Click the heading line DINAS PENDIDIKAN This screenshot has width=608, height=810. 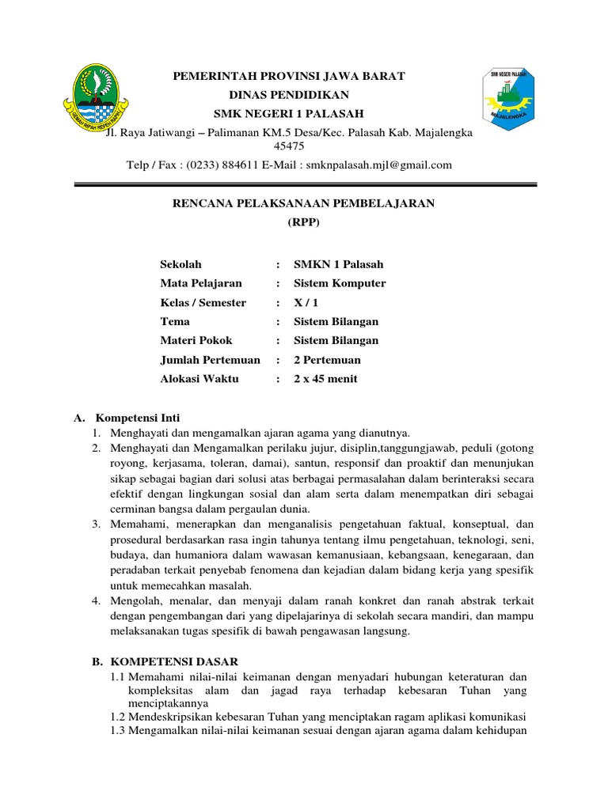coord(289,94)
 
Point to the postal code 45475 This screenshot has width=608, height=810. coord(288,146)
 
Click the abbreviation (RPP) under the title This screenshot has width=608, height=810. coord(304,222)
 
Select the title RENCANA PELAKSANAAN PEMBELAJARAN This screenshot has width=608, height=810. coord(304,203)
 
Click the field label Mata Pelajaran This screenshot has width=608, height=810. coord(201,283)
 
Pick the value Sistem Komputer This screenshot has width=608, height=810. coord(340,283)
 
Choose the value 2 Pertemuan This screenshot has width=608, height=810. coord(327,360)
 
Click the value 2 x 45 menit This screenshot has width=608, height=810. coord(325,379)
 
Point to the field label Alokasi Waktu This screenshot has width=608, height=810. coord(199,379)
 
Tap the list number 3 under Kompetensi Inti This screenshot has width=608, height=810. coord(94,524)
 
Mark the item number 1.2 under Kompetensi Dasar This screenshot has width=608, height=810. coord(119,716)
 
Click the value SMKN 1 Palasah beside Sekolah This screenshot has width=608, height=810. coord(338,264)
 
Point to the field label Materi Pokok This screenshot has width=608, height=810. coord(196,341)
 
